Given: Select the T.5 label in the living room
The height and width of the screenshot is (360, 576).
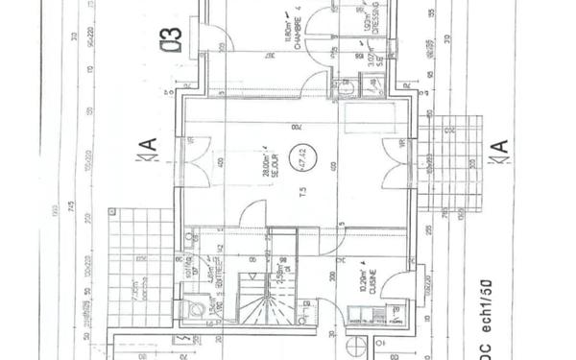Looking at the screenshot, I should tap(302, 190).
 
